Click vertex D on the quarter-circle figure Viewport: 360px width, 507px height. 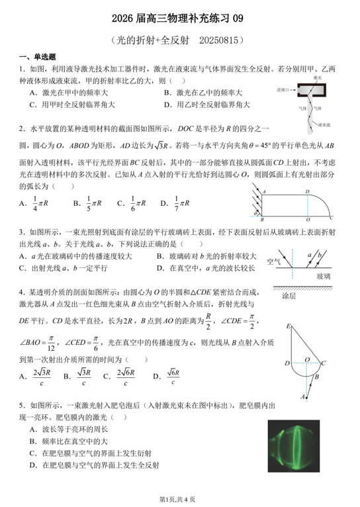(x=306, y=192)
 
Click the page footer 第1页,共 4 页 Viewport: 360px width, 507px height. (x=180, y=497)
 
